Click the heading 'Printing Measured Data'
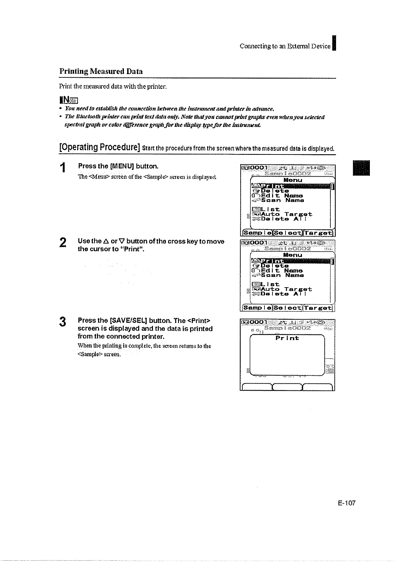pyautogui.click(x=101, y=71)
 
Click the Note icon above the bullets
pyautogui.click(x=69, y=100)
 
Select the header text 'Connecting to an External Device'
pyautogui.click(x=285, y=47)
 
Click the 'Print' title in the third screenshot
pyautogui.click(x=287, y=338)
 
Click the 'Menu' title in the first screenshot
pyautogui.click(x=293, y=180)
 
